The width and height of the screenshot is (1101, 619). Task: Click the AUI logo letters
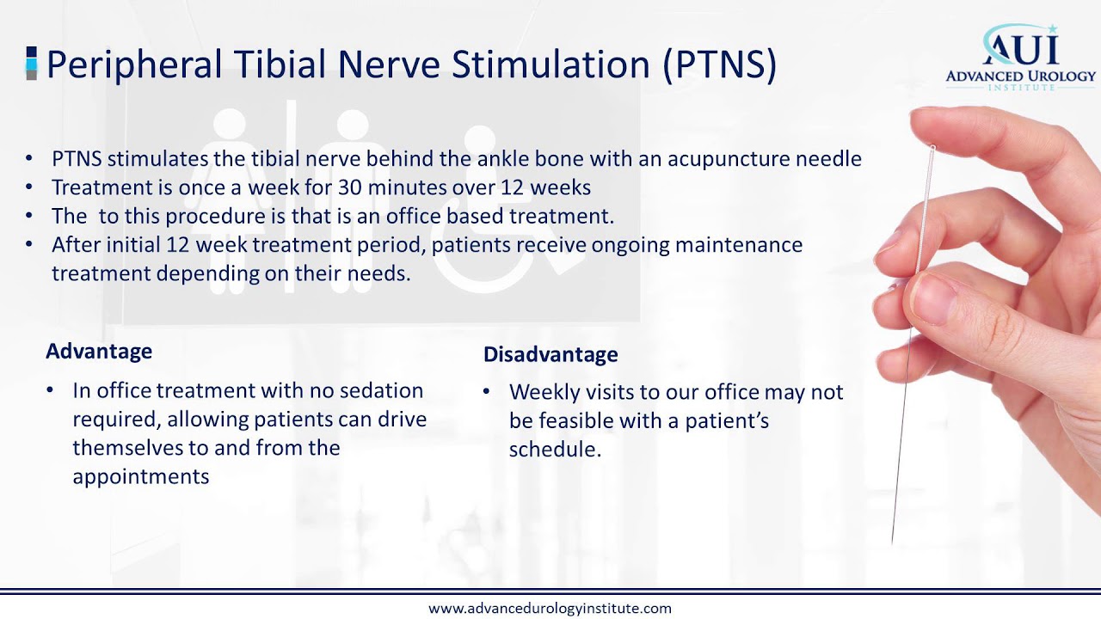(x=1020, y=48)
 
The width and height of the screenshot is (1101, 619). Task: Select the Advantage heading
(x=99, y=351)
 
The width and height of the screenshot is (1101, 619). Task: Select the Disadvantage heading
(x=550, y=354)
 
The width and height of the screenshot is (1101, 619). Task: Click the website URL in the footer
(x=550, y=608)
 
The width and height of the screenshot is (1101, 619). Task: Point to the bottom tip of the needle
(x=893, y=542)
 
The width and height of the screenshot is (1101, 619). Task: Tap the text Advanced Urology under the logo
(x=1020, y=77)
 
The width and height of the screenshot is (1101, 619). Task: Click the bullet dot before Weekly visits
(x=486, y=392)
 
